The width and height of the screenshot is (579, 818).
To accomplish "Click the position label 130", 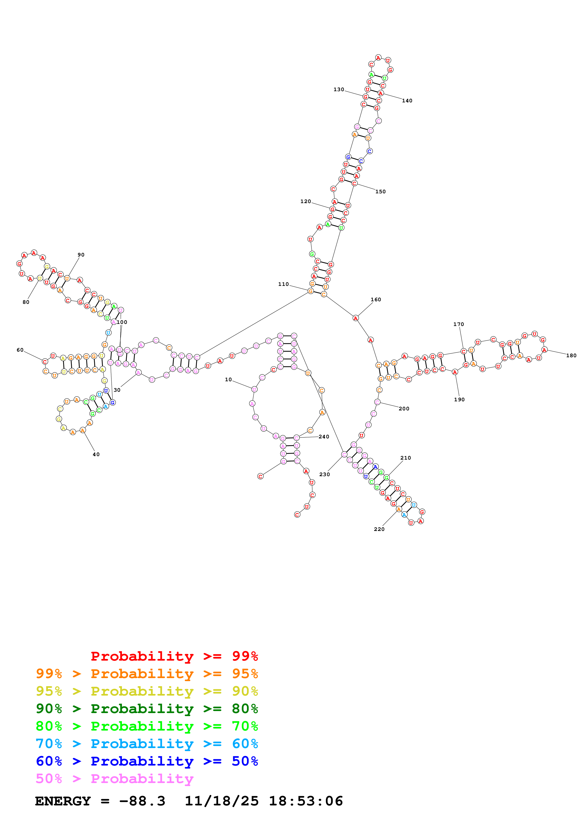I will point(339,89).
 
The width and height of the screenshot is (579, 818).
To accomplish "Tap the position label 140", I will point(407,101).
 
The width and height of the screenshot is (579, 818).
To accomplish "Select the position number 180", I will point(571,356).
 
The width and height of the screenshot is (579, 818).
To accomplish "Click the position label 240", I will point(324,437).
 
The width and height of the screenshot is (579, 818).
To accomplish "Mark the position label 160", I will point(376,300).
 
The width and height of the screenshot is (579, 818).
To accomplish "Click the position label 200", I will point(404,409).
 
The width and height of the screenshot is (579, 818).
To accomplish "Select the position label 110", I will point(284,284).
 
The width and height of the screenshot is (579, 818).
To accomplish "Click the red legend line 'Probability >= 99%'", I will point(174,656).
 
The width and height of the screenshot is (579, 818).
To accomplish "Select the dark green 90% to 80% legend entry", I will point(147,709).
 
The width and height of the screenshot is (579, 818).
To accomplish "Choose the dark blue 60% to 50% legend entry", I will point(147,761).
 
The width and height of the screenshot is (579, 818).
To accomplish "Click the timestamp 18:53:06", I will point(306,801).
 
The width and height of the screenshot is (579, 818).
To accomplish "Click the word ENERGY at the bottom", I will point(63,801).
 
